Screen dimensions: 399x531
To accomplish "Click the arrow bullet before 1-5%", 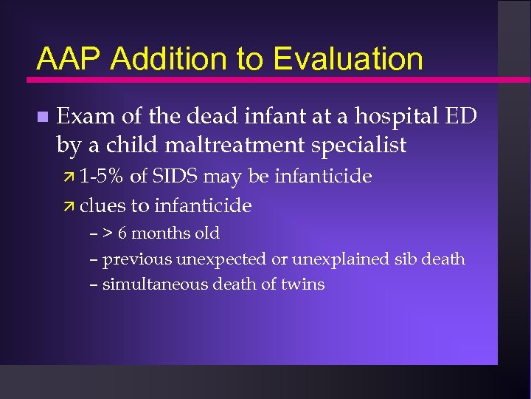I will [71, 177].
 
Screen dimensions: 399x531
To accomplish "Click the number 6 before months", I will [122, 233].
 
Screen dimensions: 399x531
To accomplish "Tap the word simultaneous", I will [147, 284].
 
